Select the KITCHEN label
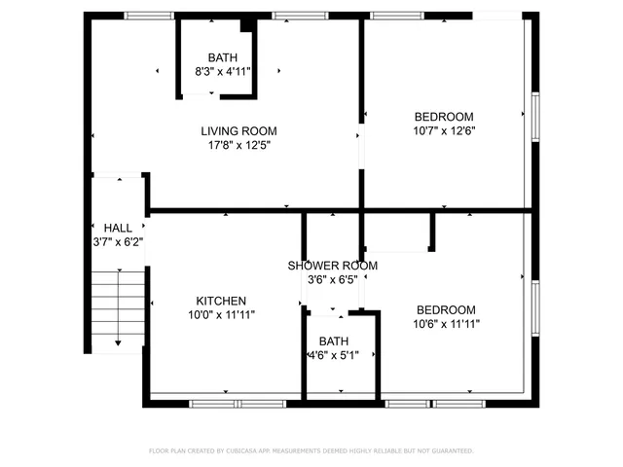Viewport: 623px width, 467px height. click(221, 301)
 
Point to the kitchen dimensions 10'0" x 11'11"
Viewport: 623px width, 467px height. click(221, 315)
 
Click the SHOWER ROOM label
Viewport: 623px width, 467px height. click(332, 266)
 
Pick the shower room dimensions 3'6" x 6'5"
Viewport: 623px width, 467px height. click(332, 279)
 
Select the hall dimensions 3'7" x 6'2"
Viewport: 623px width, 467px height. click(118, 242)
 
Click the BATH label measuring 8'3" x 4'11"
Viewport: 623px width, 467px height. click(222, 57)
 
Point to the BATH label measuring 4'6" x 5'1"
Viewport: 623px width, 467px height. click(333, 341)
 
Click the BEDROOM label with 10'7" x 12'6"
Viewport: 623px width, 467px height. click(444, 117)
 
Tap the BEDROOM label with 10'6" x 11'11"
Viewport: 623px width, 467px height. click(446, 309)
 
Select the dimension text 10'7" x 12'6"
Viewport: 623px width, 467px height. click(444, 130)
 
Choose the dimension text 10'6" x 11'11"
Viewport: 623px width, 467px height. click(446, 324)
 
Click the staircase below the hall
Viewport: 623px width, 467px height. click(118, 306)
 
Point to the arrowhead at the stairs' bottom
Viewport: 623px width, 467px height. click(118, 342)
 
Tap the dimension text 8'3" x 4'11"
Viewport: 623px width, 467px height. click(222, 72)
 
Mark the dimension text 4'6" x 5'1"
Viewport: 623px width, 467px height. click(333, 356)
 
